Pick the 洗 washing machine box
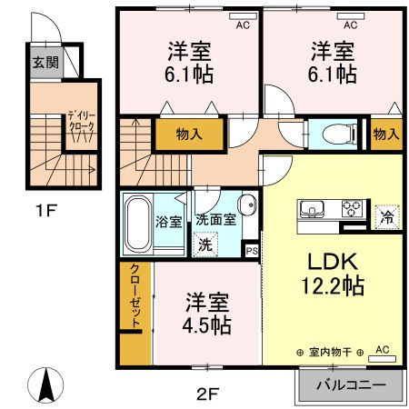(205, 244)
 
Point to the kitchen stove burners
(350, 210)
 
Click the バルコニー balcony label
(350, 385)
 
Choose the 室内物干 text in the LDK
(328, 352)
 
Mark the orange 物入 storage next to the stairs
(188, 135)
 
